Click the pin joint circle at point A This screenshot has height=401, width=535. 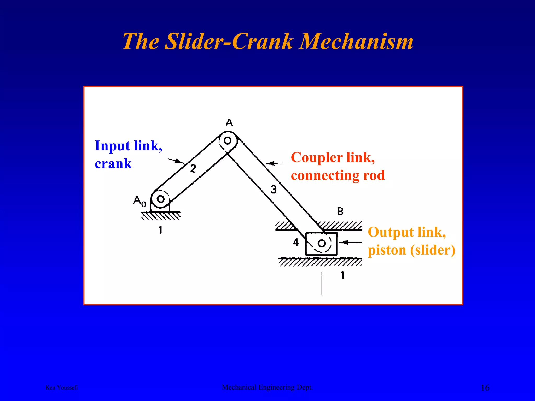pos(228,141)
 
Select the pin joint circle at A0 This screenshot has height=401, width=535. pos(160,199)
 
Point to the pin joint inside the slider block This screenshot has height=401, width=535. pos(322,244)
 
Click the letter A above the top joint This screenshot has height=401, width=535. pos(229,122)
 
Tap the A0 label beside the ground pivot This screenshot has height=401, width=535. pos(139,201)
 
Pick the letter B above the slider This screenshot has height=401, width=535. pos(340,211)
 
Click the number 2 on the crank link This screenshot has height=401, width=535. pos(193,169)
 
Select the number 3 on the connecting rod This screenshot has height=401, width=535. pos(273,189)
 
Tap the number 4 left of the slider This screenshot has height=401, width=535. pos(295,243)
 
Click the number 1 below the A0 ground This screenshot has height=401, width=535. pos(160,230)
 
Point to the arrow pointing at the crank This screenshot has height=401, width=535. pos(176,161)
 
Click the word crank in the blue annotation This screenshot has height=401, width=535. pos(113,164)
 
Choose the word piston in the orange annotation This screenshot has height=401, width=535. pos(387,250)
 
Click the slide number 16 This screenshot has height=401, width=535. pos(485,388)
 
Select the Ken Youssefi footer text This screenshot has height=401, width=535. pos(62,388)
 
